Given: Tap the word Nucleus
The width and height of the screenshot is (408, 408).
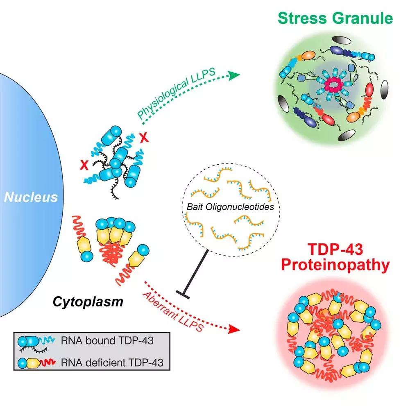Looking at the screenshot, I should pos(30,197).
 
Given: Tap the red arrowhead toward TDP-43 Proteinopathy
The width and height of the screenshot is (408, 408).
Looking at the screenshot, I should pos(234,329).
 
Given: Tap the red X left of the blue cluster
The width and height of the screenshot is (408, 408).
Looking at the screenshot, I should pos(85,165).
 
